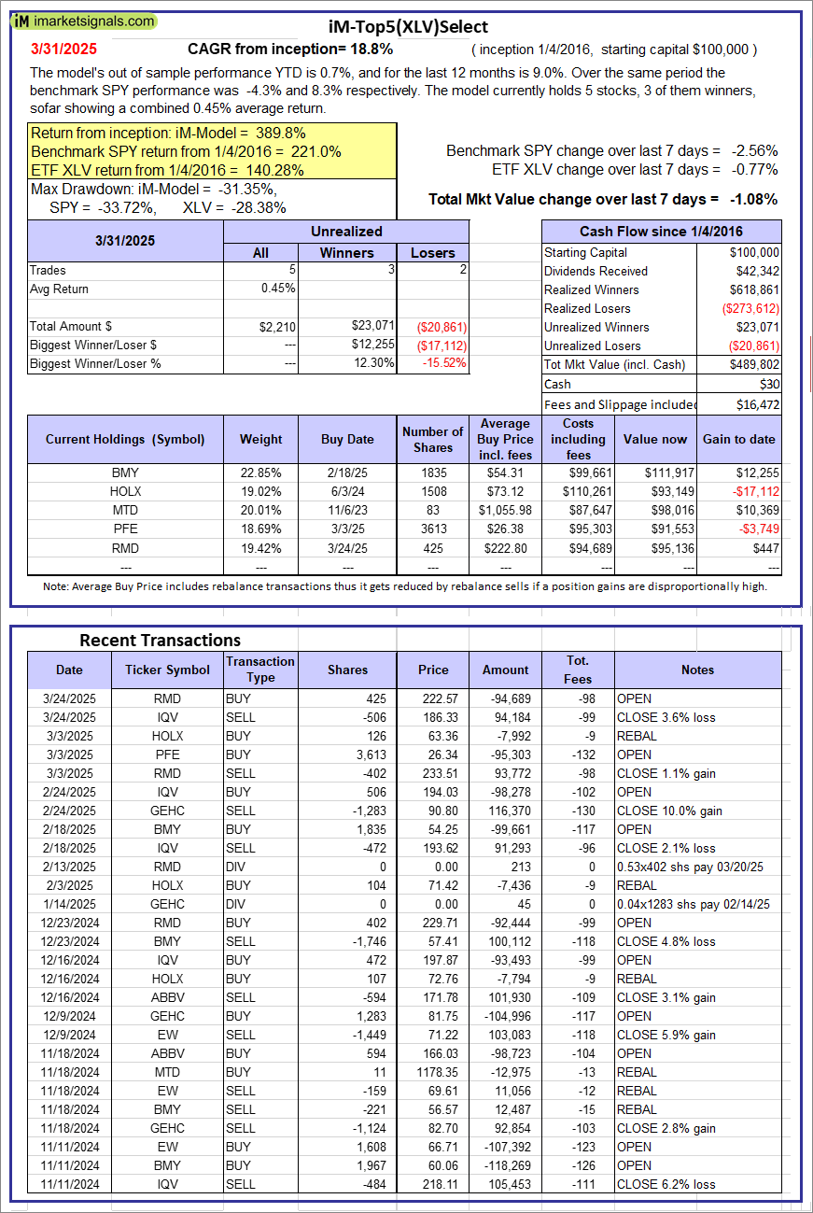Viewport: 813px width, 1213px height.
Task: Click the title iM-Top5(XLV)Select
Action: coord(409,27)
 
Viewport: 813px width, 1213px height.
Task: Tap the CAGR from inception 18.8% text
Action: coord(290,49)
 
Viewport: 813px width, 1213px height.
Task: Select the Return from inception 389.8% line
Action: coord(168,133)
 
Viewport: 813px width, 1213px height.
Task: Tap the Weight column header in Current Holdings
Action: coord(260,439)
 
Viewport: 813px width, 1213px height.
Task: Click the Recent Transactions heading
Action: coord(160,640)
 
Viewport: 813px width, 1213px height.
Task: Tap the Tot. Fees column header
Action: coord(578,670)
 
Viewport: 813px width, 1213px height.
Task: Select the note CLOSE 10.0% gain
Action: coord(669,811)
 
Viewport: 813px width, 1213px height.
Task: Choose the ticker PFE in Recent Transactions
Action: coord(167,755)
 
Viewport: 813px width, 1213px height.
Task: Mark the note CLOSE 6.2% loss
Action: coord(666,1184)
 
